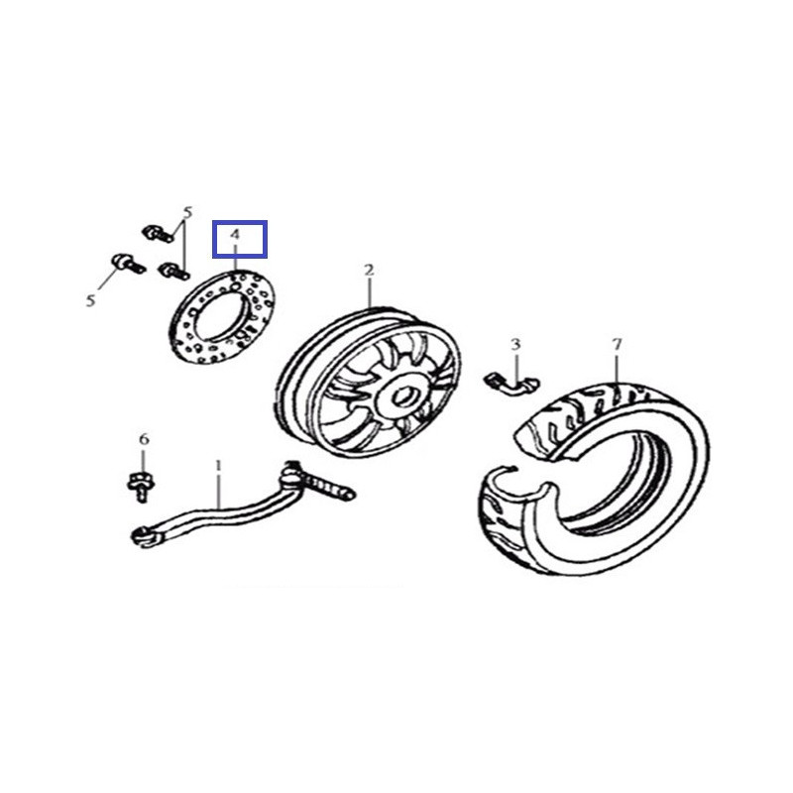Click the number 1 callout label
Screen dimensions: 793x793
click(x=219, y=464)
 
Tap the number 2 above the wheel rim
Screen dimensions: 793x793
click(x=369, y=270)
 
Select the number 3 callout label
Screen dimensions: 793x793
click(x=515, y=344)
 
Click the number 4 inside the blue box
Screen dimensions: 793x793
click(x=236, y=235)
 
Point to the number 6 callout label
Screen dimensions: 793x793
click(x=144, y=439)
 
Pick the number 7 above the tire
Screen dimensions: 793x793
click(x=617, y=344)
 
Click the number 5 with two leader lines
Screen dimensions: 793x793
click(x=186, y=212)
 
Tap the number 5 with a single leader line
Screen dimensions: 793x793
click(x=90, y=300)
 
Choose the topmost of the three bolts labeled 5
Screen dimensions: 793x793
click(x=154, y=232)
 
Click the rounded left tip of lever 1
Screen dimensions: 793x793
click(x=140, y=536)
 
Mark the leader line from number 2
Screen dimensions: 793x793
click(x=369, y=291)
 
